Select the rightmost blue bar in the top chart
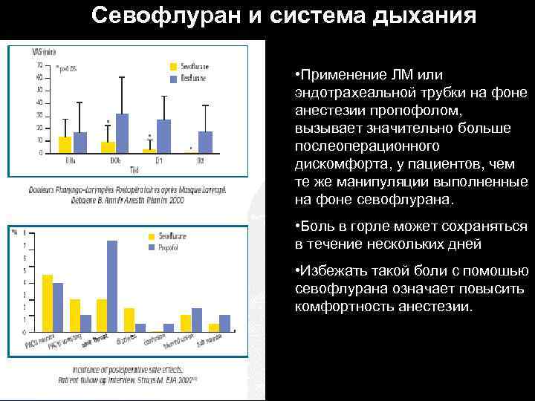206,142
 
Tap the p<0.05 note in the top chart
66,68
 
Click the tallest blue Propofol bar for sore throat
112,286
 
